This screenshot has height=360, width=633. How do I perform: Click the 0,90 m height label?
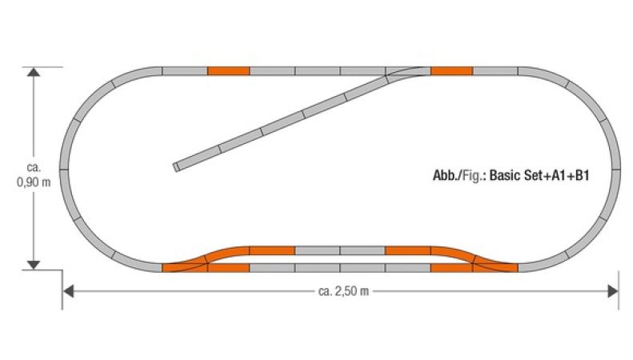34,182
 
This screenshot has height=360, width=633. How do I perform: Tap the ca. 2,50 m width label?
343,291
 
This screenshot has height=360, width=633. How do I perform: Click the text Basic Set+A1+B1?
539,175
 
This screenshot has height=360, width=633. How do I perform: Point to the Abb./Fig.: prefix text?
460,176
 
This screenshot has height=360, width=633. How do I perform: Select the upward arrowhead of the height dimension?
34,72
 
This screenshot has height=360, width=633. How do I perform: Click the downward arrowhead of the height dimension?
34,265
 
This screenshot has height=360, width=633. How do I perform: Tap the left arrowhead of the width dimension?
69,291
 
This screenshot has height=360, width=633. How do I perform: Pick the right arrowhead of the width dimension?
613,291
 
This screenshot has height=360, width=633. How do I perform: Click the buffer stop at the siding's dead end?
176,167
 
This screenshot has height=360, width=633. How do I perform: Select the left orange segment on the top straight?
229,71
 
